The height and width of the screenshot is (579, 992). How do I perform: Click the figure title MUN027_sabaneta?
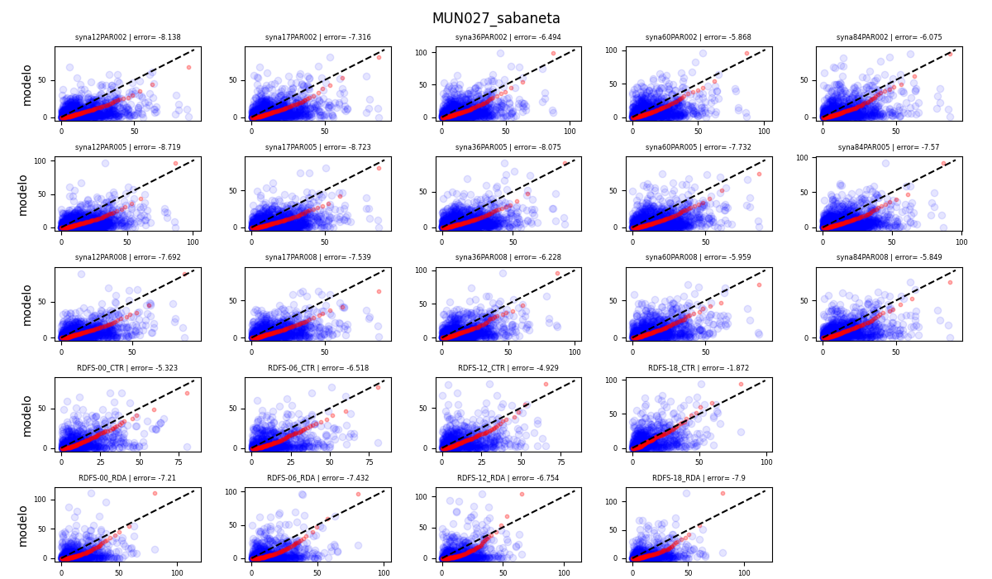point(496,18)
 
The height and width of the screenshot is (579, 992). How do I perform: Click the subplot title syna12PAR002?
point(127,37)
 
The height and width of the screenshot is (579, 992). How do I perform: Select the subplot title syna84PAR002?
point(889,37)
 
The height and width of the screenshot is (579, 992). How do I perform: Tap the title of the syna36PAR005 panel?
point(508,147)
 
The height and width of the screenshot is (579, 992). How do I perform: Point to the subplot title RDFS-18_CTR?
point(699,368)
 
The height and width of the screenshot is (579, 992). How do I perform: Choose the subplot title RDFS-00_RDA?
point(127,478)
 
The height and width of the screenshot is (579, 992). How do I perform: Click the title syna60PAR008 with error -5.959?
point(699,257)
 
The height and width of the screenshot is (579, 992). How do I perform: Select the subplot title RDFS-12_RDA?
point(508,478)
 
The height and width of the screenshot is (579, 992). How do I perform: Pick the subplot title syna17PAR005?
point(318,147)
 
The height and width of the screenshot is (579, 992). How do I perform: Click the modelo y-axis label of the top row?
point(26,84)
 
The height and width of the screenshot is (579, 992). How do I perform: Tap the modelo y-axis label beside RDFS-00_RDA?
point(23,525)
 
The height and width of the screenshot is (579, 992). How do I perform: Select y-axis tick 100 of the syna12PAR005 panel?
point(45,160)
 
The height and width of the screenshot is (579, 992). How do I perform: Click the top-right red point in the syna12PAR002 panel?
point(188,67)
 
